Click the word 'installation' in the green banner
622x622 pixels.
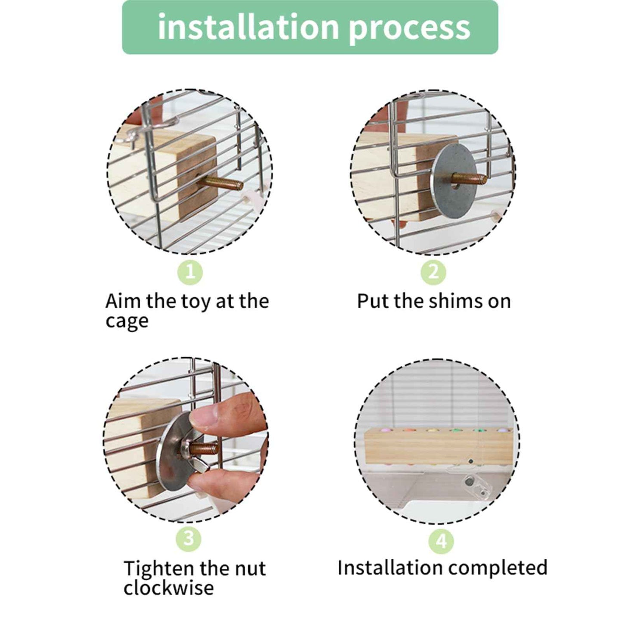248,28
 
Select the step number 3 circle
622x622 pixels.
189,538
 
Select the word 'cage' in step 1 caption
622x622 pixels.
127,322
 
